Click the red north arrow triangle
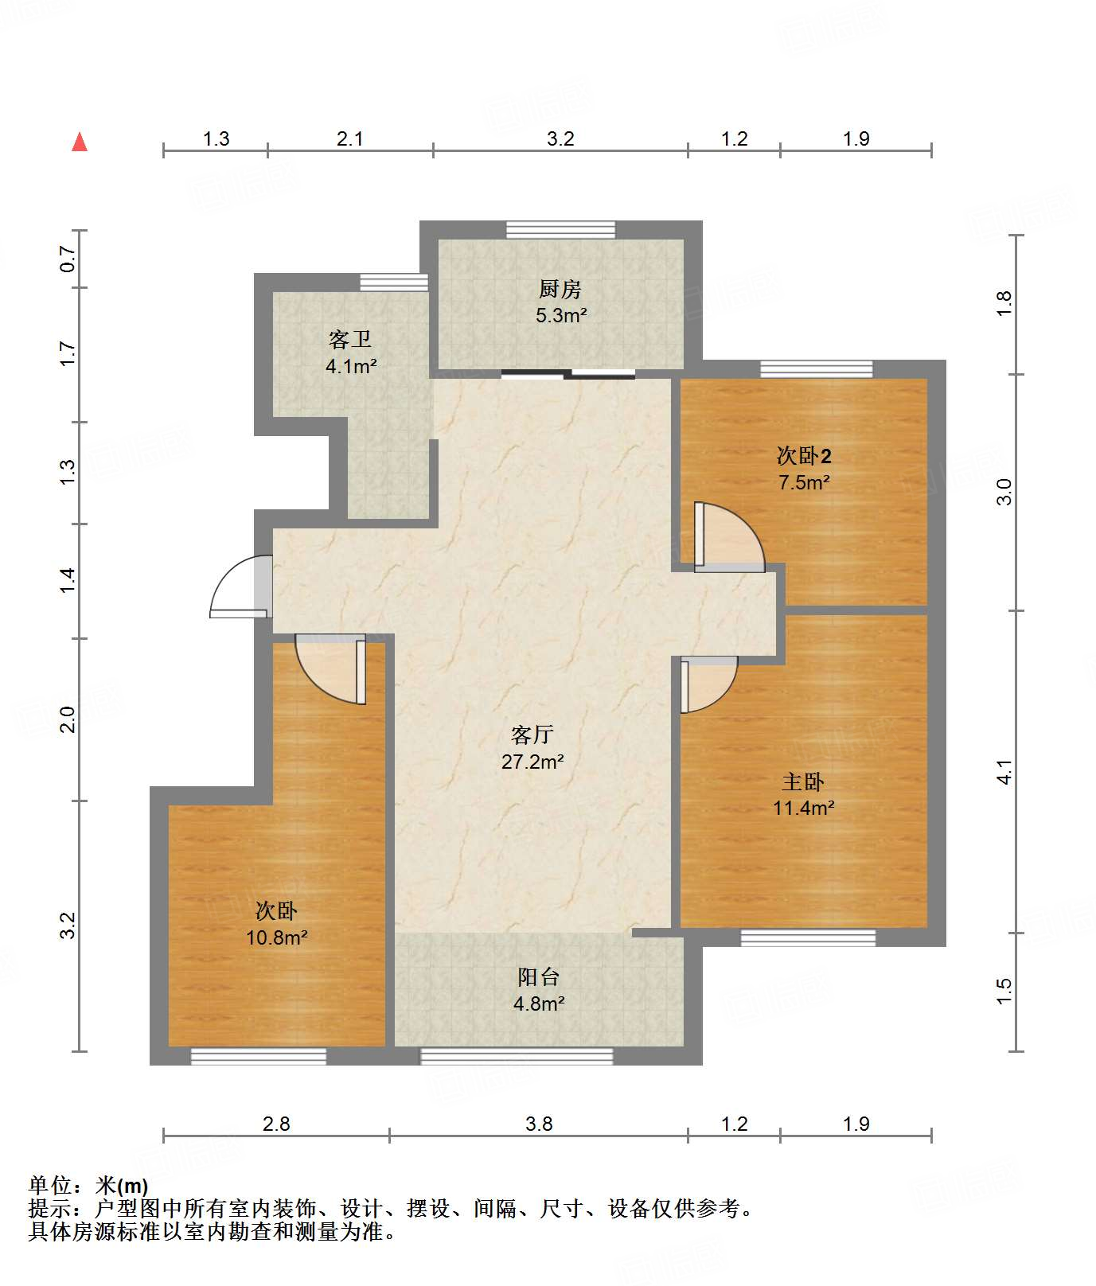coord(80,142)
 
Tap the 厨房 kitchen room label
coord(560,289)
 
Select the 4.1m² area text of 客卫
coord(351,367)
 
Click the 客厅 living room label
coord(532,735)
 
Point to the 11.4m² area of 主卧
coord(804,808)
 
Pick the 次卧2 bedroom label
coord(804,456)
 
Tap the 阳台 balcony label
coord(539,976)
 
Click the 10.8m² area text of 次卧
coord(277,937)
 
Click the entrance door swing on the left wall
coord(239,586)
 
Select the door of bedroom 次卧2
coord(729,537)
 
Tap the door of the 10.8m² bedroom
coord(331,669)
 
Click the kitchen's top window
coord(561,230)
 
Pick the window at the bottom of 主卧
coord(808,937)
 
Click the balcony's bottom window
coord(517,1056)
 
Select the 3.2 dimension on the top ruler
coord(560,139)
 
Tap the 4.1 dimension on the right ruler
coord(1004,772)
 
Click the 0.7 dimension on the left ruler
coord(68,259)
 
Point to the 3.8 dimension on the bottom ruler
coord(539,1124)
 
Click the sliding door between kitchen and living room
coord(568,374)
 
